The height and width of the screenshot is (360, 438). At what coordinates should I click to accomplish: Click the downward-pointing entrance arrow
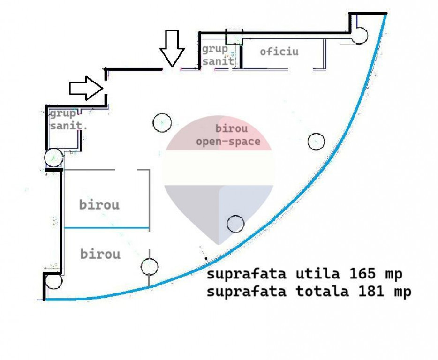click(172, 48)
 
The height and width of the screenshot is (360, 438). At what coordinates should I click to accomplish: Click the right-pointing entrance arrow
click(86, 88)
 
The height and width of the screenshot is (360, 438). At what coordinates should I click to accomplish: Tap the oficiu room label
click(279, 52)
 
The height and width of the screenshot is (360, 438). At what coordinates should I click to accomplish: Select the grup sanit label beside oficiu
click(218, 55)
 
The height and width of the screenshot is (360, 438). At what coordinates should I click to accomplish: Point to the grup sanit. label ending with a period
click(68, 120)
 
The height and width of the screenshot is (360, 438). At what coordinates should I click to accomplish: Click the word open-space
click(228, 142)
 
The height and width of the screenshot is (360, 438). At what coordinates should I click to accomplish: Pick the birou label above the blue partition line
click(99, 204)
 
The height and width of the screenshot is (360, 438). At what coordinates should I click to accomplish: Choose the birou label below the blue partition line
click(100, 254)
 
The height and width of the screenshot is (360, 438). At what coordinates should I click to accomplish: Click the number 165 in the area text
click(362, 273)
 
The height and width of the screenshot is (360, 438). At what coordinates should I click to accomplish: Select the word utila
click(318, 273)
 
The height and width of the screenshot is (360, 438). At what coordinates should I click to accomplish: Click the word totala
click(322, 291)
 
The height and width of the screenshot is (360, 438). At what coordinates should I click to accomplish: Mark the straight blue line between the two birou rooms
click(106, 228)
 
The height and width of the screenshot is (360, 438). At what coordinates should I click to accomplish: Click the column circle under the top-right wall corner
click(359, 36)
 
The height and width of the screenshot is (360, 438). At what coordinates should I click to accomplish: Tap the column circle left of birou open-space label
click(162, 123)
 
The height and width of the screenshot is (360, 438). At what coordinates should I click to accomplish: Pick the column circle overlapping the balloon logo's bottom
click(235, 224)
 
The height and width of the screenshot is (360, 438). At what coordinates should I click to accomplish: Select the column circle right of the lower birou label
click(150, 267)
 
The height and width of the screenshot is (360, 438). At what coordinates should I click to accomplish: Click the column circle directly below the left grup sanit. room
click(54, 158)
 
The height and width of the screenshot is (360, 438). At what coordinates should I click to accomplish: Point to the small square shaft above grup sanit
click(234, 37)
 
